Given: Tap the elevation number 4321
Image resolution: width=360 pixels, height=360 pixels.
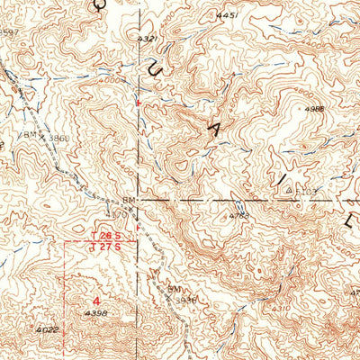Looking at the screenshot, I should tap(147, 39).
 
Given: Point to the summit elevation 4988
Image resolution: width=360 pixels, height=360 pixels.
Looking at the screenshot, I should tap(313, 109).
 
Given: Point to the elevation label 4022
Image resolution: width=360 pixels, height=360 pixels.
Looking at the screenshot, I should tap(49, 330).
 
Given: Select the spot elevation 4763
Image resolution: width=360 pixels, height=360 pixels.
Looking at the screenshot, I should tap(238, 216).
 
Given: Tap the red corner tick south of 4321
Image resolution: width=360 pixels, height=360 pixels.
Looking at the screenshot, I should tap(137, 103).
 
